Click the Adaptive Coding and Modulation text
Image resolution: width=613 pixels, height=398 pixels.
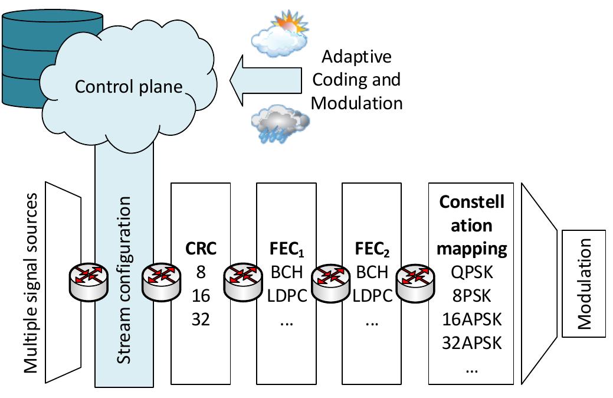coord(356,80)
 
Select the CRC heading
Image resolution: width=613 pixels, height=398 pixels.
coord(201,249)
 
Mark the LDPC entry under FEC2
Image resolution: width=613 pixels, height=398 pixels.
coord(373,295)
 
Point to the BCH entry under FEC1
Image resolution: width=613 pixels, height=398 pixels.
coord(287,272)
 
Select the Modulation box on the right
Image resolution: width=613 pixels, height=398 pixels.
coord(584,283)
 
